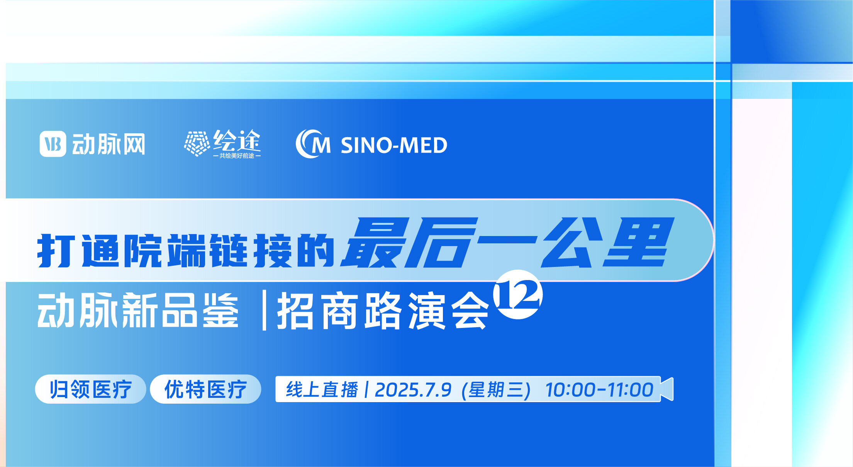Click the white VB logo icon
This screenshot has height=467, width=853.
point(53,144)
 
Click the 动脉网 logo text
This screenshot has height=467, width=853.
point(109,144)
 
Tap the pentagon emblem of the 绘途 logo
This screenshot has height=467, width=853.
point(197,143)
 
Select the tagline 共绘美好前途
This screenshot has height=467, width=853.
point(237,156)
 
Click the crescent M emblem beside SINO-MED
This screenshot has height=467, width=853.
point(313,144)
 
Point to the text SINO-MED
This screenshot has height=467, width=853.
point(394,145)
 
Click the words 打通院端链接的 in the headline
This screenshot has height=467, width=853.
point(185,251)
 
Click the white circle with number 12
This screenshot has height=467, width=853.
point(518,295)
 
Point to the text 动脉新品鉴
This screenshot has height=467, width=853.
point(138,311)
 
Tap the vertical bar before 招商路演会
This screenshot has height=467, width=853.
point(264,311)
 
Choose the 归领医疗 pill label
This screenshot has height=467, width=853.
point(90,389)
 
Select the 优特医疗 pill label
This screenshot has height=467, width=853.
point(205,389)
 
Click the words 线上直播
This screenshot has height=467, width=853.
point(322,389)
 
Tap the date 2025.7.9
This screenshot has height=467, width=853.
point(413,390)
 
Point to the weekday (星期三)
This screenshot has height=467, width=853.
point(496,390)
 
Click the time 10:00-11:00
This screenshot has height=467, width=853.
point(599,390)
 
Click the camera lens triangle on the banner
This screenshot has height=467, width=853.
point(667,389)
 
